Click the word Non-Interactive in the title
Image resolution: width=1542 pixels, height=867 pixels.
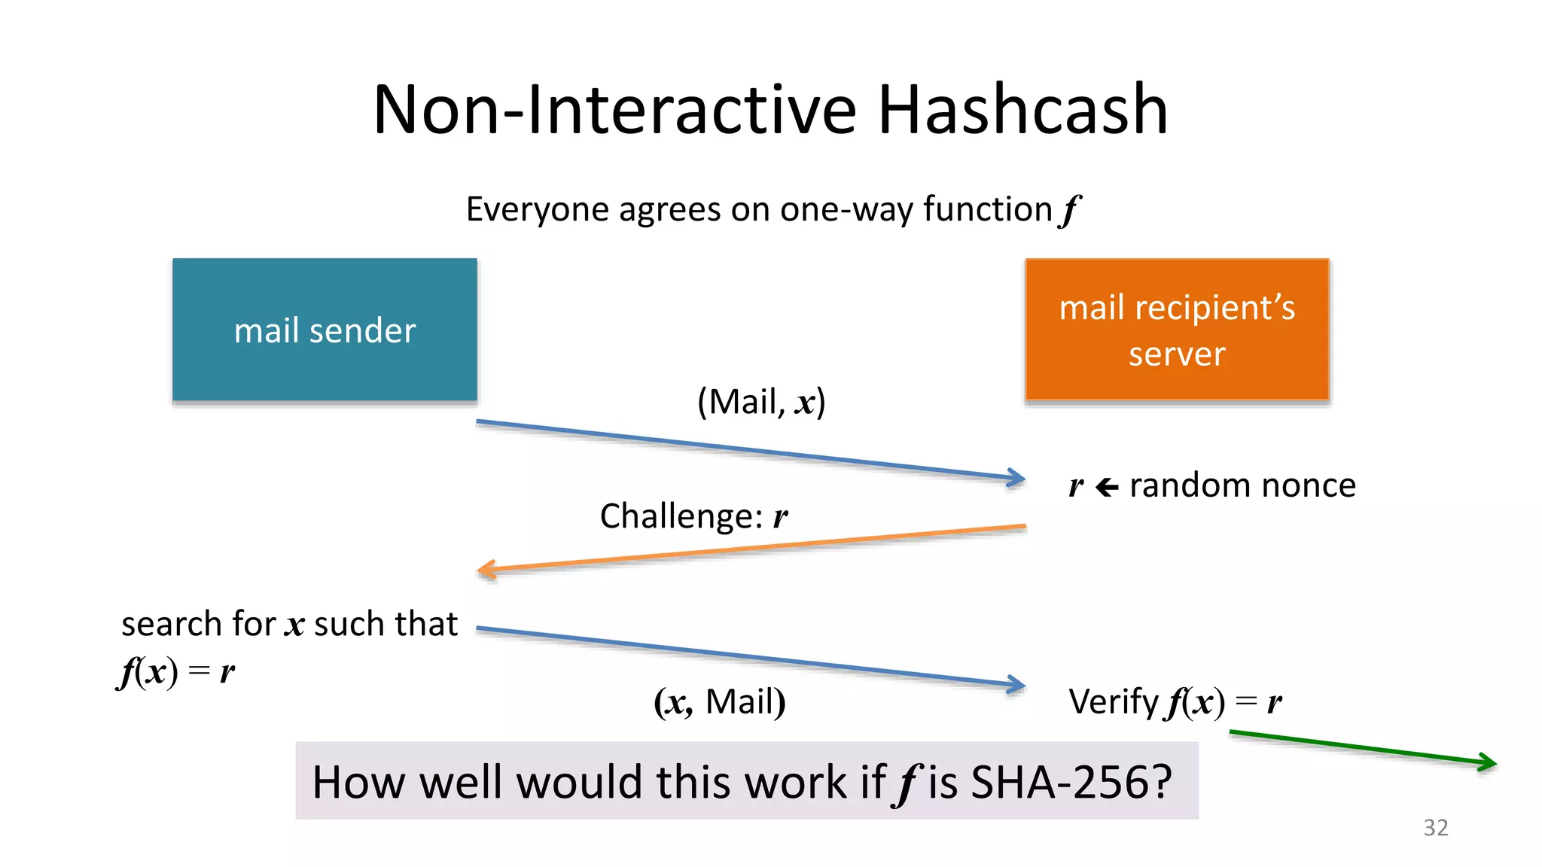point(614,110)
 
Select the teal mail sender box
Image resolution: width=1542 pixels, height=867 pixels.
point(325,330)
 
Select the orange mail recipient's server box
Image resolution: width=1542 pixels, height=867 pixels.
point(1177,330)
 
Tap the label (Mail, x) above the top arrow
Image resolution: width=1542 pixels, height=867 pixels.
point(760,401)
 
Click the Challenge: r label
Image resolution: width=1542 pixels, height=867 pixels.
point(693,516)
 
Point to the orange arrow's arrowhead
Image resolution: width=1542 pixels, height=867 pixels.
point(486,570)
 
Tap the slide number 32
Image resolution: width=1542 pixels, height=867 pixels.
point(1435,827)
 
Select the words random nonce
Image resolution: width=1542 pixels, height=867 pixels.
point(1242,485)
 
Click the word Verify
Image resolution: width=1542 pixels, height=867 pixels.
point(1114,701)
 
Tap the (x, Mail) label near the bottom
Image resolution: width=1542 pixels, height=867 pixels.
point(719,701)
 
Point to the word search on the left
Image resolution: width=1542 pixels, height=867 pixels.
point(172,624)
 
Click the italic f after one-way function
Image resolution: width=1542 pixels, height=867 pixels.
point(1069,210)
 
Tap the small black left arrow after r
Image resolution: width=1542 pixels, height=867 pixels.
point(1106,488)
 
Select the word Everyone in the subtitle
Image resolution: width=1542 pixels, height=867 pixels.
point(538,209)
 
